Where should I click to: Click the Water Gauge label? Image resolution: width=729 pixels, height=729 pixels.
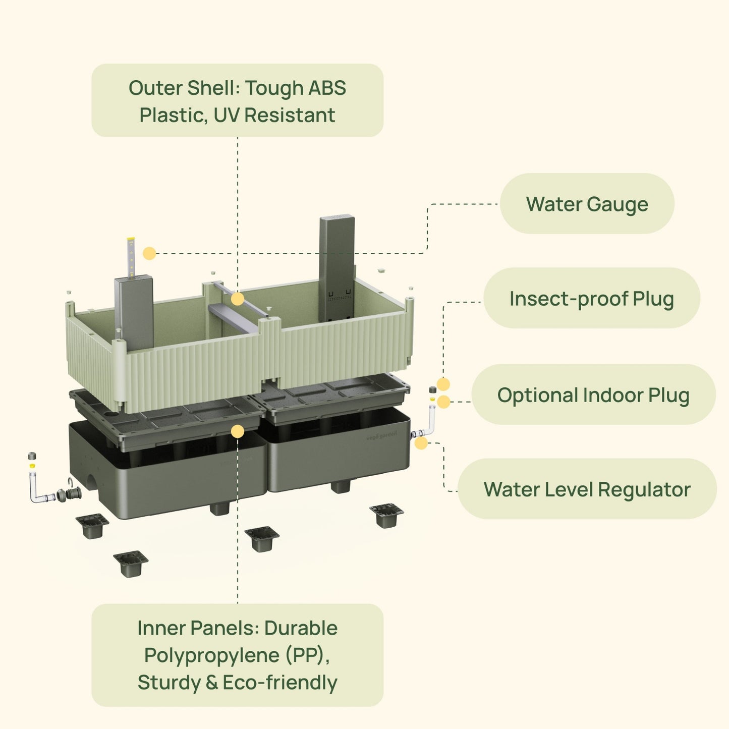pos(587,204)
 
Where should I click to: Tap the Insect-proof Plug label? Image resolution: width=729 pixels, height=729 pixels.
pos(591,298)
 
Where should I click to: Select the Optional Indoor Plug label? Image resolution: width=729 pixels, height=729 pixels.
pos(593,395)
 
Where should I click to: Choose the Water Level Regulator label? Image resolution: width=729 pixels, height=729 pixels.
pos(587,489)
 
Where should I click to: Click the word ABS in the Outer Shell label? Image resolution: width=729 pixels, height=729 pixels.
pos(327,88)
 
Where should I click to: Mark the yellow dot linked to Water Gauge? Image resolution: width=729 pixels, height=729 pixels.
pos(149,253)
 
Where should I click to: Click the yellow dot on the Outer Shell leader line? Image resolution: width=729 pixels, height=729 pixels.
pos(238,299)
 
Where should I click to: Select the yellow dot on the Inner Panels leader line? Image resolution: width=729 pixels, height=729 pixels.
pos(238,431)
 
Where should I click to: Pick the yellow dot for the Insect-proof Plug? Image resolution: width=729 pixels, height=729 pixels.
pos(443,384)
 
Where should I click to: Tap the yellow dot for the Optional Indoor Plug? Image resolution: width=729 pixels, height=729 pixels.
pos(443,402)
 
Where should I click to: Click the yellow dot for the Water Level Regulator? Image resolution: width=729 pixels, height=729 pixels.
pos(421,443)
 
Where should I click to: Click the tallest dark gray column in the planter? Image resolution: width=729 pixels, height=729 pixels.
pos(337,267)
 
